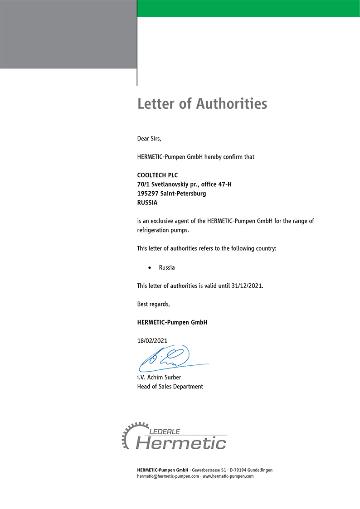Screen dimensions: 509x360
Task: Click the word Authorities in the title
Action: point(231,104)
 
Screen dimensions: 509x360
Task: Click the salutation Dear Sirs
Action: point(149,138)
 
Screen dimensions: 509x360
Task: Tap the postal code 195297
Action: point(147,194)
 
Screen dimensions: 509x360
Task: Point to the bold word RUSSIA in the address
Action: point(147,203)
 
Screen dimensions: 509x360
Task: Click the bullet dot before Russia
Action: point(149,268)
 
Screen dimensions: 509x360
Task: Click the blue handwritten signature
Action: point(170,357)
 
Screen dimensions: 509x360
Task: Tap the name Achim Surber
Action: point(165,377)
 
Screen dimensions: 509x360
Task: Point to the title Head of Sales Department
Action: point(170,387)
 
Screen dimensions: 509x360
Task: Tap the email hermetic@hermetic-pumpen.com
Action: point(168,476)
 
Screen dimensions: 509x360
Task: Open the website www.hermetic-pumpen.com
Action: point(228,476)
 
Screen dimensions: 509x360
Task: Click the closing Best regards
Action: point(153,304)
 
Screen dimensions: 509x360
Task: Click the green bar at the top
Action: point(248,9)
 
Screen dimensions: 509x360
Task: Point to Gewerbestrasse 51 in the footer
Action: point(209,470)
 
